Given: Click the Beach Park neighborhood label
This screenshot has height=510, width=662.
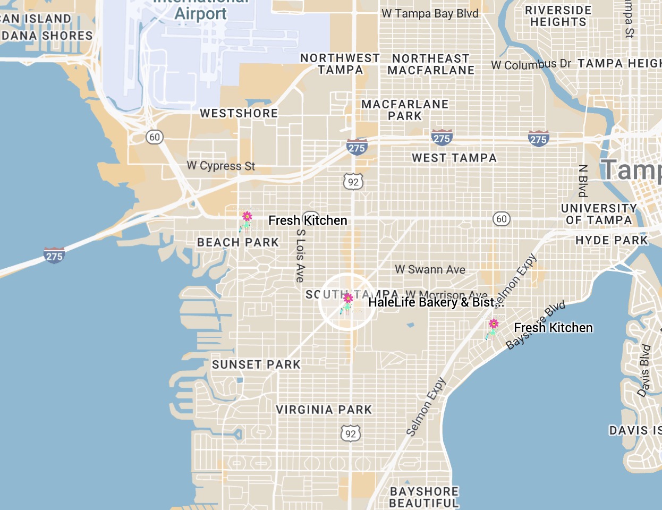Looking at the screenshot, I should [x=237, y=242].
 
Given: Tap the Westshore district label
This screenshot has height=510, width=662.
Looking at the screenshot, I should [x=239, y=113].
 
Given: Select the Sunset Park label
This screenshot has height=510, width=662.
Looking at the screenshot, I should [x=256, y=364].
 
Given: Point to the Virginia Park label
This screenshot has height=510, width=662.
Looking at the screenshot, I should [x=324, y=410].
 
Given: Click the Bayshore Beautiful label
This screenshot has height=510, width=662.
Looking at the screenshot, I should [x=424, y=497].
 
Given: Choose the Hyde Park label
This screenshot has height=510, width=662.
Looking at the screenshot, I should [x=612, y=240].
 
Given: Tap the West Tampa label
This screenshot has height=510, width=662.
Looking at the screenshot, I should [x=454, y=158].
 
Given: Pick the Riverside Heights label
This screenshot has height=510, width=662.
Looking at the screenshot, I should [x=558, y=16].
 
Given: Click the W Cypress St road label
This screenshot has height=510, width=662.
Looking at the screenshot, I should [x=220, y=166].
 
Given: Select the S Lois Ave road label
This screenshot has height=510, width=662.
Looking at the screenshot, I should [x=300, y=256].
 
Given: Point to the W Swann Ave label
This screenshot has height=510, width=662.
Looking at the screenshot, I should [x=430, y=269].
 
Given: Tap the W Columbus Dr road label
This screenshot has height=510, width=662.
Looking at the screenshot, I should [x=531, y=64].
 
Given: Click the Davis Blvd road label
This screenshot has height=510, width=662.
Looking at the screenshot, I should [x=644, y=370].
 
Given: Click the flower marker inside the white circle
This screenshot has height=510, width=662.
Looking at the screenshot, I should [x=347, y=303].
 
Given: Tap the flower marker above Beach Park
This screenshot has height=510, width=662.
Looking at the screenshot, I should [x=246, y=221].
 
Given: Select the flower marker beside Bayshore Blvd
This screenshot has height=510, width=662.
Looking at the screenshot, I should [x=493, y=328].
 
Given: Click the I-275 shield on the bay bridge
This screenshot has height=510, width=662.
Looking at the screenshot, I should [x=54, y=256].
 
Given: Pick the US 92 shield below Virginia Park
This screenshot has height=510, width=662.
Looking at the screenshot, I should [x=351, y=433].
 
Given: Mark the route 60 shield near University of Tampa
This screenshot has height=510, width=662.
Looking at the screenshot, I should [x=501, y=219].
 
